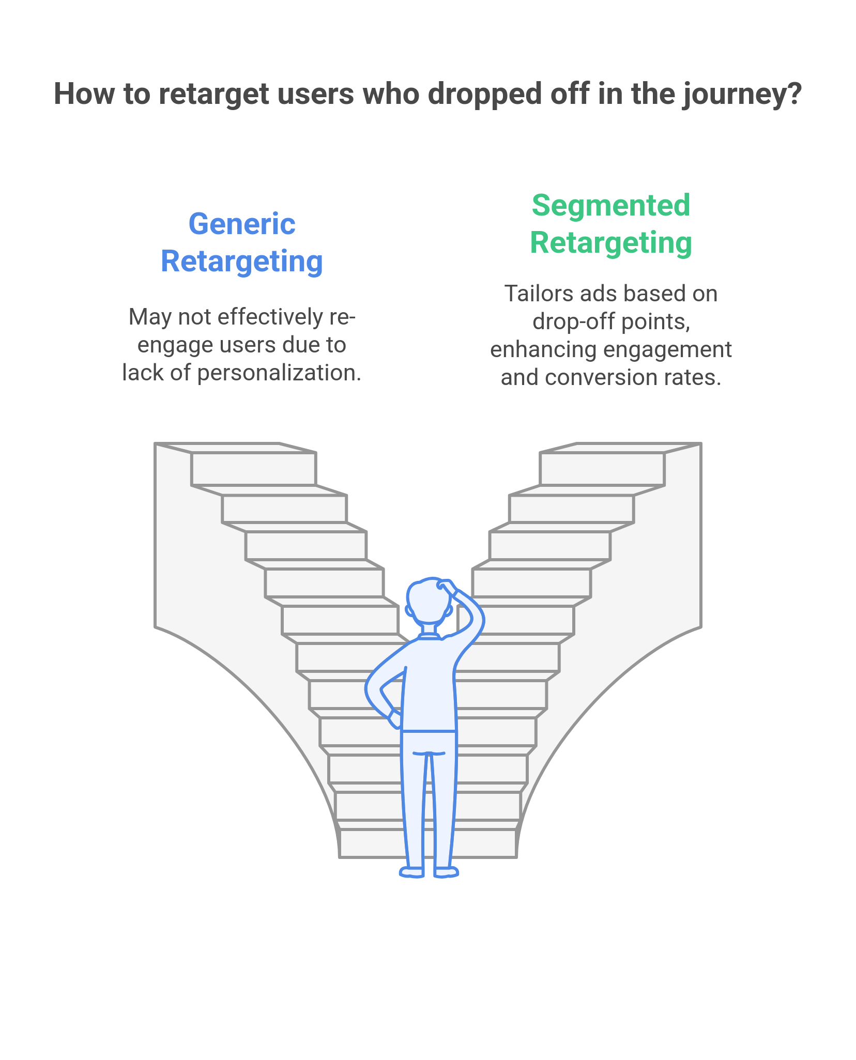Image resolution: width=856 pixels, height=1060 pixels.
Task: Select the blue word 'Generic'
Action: (242, 224)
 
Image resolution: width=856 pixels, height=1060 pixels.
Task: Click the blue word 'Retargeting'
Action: (242, 262)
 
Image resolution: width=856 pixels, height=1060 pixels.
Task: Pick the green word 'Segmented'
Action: (611, 206)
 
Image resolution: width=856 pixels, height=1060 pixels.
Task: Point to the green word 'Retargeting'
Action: (611, 243)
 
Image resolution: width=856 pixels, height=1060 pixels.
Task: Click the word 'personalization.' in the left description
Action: (279, 373)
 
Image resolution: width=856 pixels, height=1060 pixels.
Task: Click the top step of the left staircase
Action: (253, 469)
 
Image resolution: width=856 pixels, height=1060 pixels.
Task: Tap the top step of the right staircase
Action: (602, 469)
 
